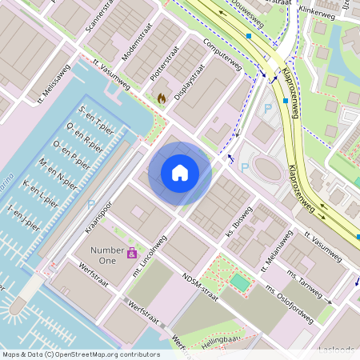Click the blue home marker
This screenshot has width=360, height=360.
click(x=179, y=173)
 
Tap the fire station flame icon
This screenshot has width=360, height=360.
click(x=162, y=98)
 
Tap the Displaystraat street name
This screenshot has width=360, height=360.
click(x=184, y=82)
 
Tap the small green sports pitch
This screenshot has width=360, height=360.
click(x=239, y=282)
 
